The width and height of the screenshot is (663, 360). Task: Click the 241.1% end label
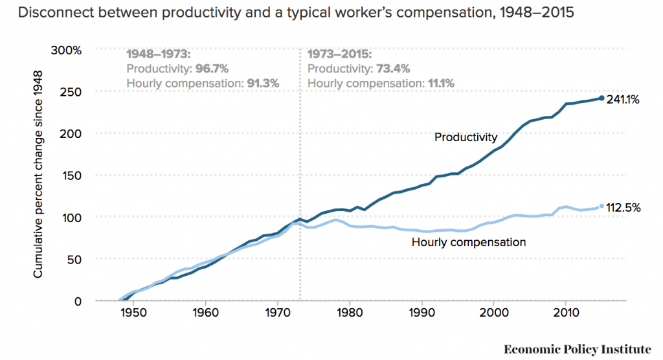pyautogui.click(x=624, y=100)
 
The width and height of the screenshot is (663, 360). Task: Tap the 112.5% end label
pyautogui.click(x=624, y=208)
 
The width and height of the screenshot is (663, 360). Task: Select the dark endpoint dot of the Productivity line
pyautogui.click(x=601, y=98)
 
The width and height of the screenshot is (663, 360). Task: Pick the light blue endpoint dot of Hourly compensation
pyautogui.click(x=601, y=206)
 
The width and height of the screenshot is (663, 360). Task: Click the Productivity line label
pyautogui.click(x=466, y=137)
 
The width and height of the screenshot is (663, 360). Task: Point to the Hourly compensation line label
pyautogui.click(x=468, y=242)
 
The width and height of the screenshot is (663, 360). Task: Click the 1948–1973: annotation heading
pyautogui.click(x=157, y=54)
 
